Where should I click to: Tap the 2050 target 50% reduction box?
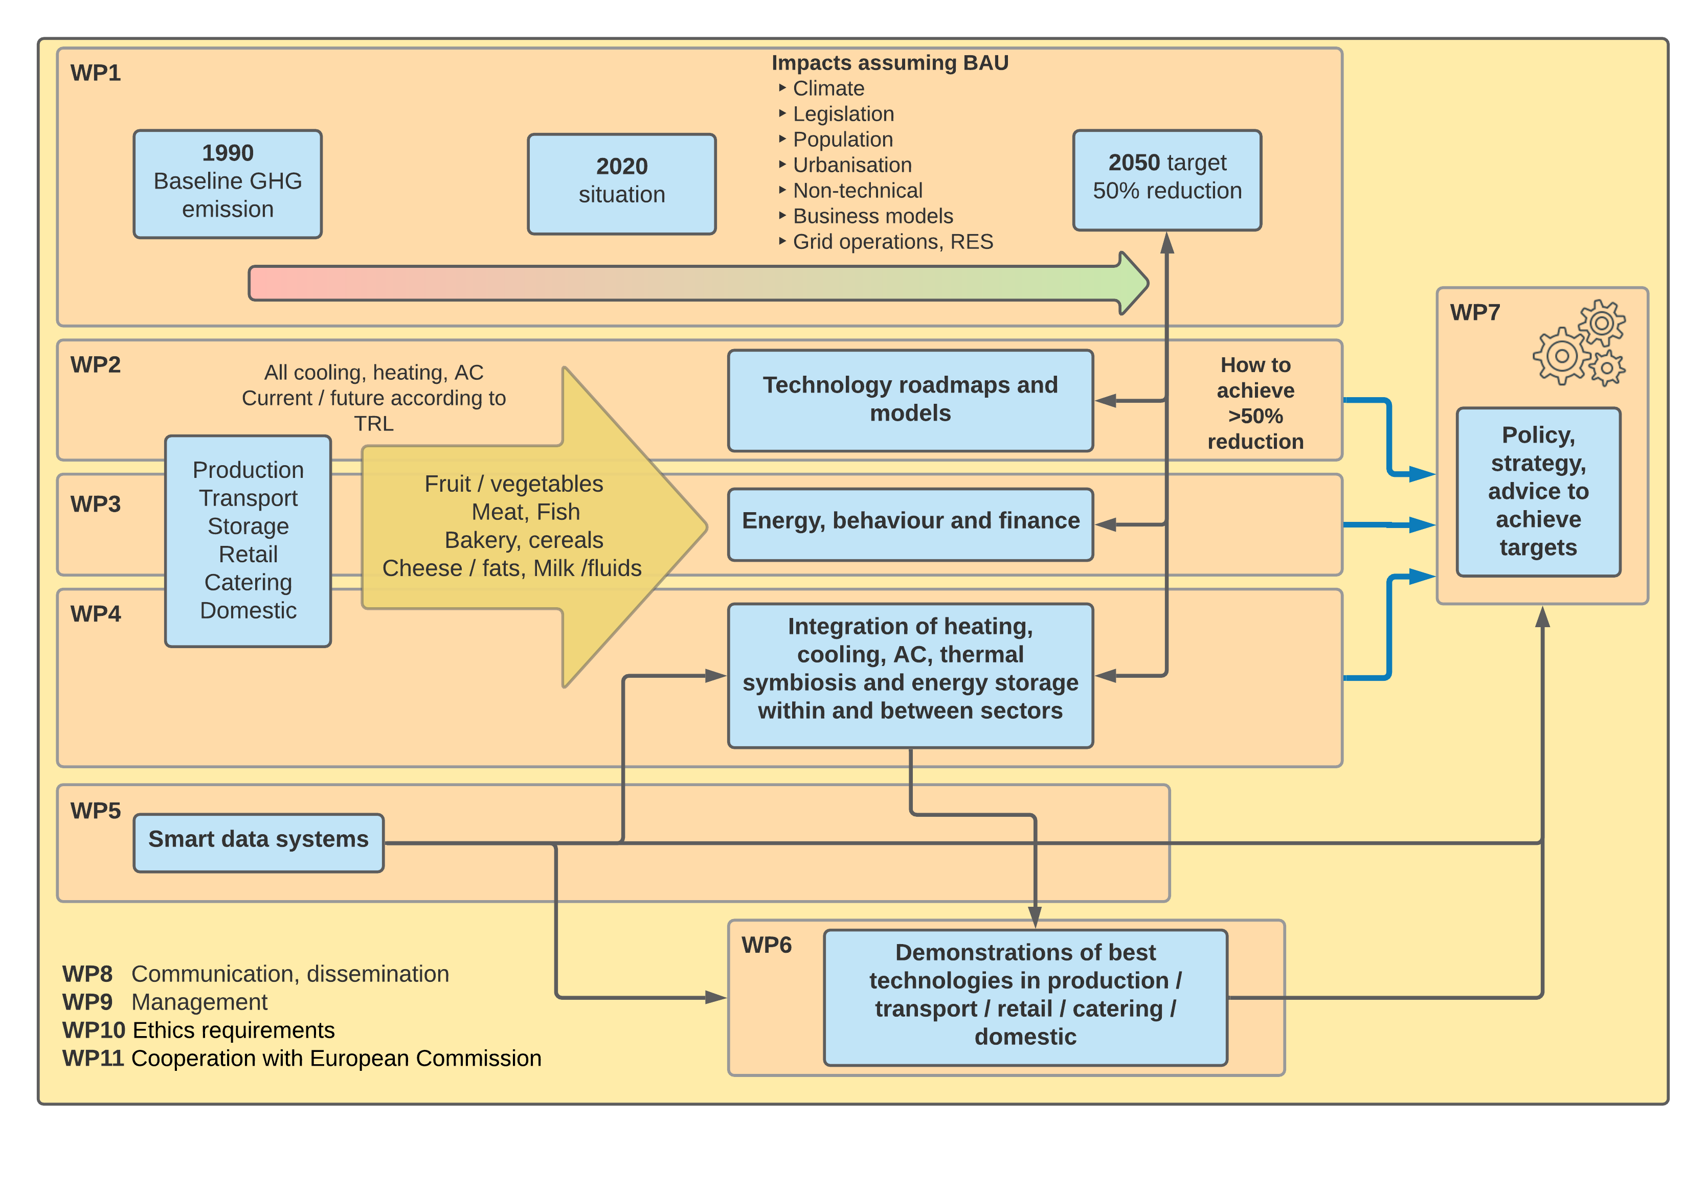click(1166, 180)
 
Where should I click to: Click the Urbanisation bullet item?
click(851, 165)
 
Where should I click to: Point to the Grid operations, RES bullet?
click(892, 242)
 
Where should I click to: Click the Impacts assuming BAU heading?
click(889, 63)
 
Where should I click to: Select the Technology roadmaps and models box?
click(910, 400)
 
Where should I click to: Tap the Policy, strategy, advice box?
click(1538, 491)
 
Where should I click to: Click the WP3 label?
click(95, 504)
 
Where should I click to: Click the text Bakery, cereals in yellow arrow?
click(523, 540)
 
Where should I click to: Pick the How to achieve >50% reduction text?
click(1255, 403)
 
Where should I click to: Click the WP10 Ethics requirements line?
click(198, 1030)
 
